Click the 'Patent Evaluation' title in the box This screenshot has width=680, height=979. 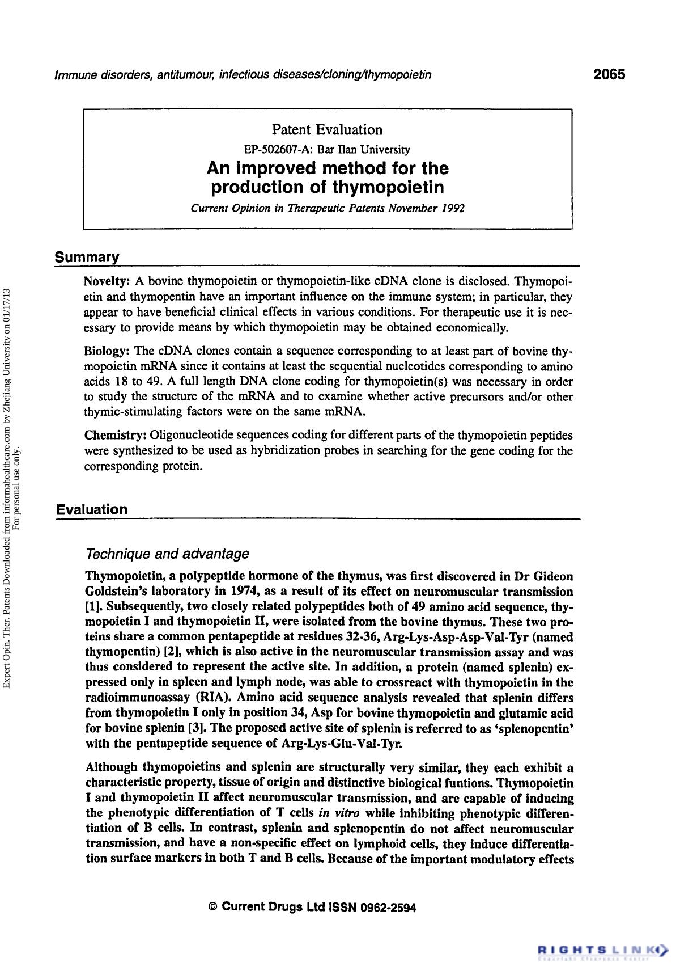(x=327, y=130)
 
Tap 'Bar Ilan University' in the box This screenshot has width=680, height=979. (x=363, y=150)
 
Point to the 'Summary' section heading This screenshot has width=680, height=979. (x=87, y=257)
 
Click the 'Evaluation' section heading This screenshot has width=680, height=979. (x=92, y=509)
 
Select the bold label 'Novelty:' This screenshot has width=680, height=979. (x=107, y=281)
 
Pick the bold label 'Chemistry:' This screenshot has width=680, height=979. (x=116, y=436)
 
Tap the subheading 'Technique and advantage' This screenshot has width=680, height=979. (x=167, y=553)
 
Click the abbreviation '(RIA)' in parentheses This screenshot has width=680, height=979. (x=212, y=698)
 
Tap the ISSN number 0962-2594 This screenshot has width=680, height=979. (x=384, y=908)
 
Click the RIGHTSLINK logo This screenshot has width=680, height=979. (x=602, y=949)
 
